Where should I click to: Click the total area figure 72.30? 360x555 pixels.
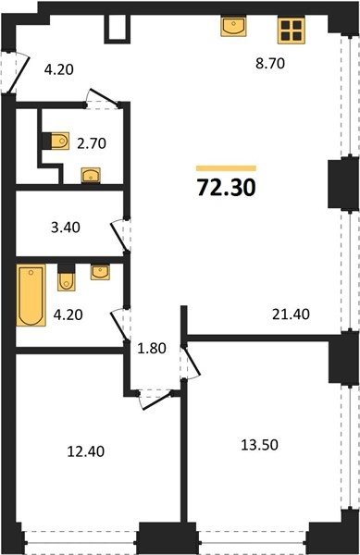pyautogui.click(x=227, y=187)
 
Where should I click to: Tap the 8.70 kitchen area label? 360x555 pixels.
pyautogui.click(x=270, y=64)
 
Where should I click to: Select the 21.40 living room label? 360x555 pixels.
pyautogui.click(x=291, y=314)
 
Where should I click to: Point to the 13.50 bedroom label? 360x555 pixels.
pyautogui.click(x=259, y=444)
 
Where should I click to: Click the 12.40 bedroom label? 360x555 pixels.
pyautogui.click(x=86, y=451)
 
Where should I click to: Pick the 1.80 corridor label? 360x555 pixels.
pyautogui.click(x=152, y=349)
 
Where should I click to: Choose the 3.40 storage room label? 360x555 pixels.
pyautogui.click(x=66, y=228)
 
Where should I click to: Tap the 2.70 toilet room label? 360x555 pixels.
pyautogui.click(x=92, y=143)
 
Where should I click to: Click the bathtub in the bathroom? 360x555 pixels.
pyautogui.click(x=31, y=295)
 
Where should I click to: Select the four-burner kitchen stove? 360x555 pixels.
pyautogui.click(x=292, y=31)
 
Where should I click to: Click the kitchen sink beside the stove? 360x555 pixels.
pyautogui.click(x=233, y=26)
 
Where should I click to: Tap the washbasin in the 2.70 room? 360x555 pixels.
pyautogui.click(x=91, y=175)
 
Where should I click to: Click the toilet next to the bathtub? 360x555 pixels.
pyautogui.click(x=67, y=277)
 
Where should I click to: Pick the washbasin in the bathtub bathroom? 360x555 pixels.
pyautogui.click(x=100, y=272)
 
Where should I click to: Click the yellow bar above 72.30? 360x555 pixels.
pyautogui.click(x=226, y=168)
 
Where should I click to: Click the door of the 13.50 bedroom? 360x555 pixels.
pyautogui.click(x=191, y=362)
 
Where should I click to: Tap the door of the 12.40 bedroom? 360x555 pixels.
pyautogui.click(x=155, y=400)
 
